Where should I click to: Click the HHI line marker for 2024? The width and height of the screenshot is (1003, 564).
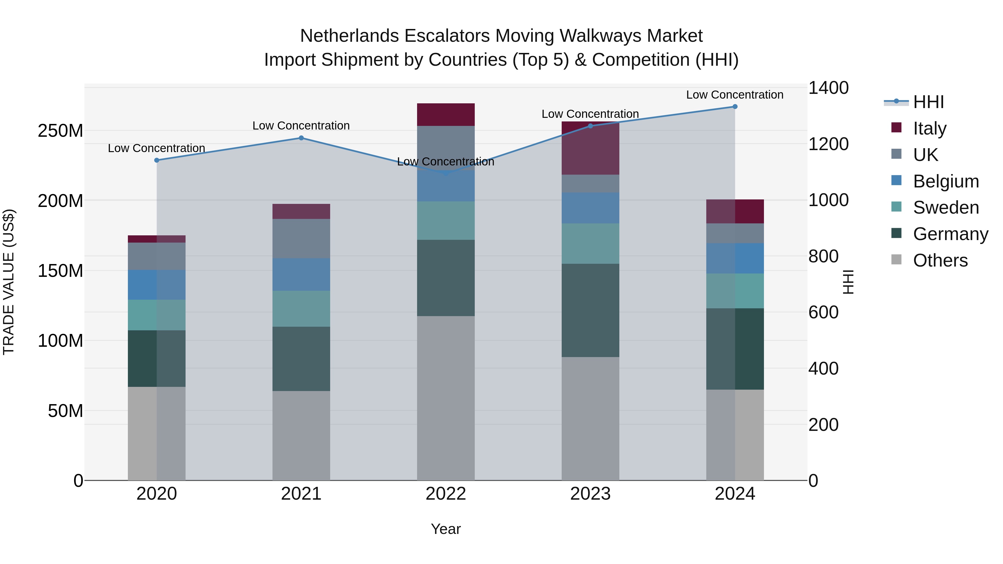(x=735, y=107)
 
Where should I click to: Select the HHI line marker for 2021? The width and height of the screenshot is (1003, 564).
(x=301, y=138)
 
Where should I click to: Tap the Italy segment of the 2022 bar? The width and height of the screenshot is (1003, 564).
(x=446, y=114)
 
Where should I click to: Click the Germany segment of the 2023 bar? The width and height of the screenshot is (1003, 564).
(x=590, y=310)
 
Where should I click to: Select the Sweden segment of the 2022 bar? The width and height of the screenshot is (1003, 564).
(x=446, y=220)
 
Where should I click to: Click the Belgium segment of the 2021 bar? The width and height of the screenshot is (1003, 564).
(x=301, y=274)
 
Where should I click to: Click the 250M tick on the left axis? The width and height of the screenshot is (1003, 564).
(x=60, y=131)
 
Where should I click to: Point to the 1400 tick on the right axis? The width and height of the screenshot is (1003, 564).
(x=829, y=88)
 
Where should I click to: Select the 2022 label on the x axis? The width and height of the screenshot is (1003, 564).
(x=446, y=494)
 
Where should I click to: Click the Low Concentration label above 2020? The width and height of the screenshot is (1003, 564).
(x=157, y=148)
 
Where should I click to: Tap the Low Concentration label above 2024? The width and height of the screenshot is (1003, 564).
(x=735, y=95)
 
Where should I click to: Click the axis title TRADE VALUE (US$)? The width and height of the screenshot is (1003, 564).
(x=9, y=282)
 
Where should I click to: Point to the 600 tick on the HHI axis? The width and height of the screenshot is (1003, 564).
(x=824, y=312)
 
